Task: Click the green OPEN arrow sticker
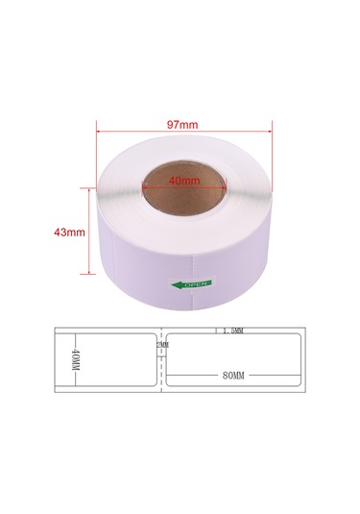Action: click(189, 283)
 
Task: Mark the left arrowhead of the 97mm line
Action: click(100, 134)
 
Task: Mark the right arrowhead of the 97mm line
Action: click(270, 134)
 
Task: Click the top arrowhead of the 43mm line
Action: click(91, 191)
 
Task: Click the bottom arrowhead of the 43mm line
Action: click(91, 275)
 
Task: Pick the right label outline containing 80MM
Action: click(235, 361)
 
